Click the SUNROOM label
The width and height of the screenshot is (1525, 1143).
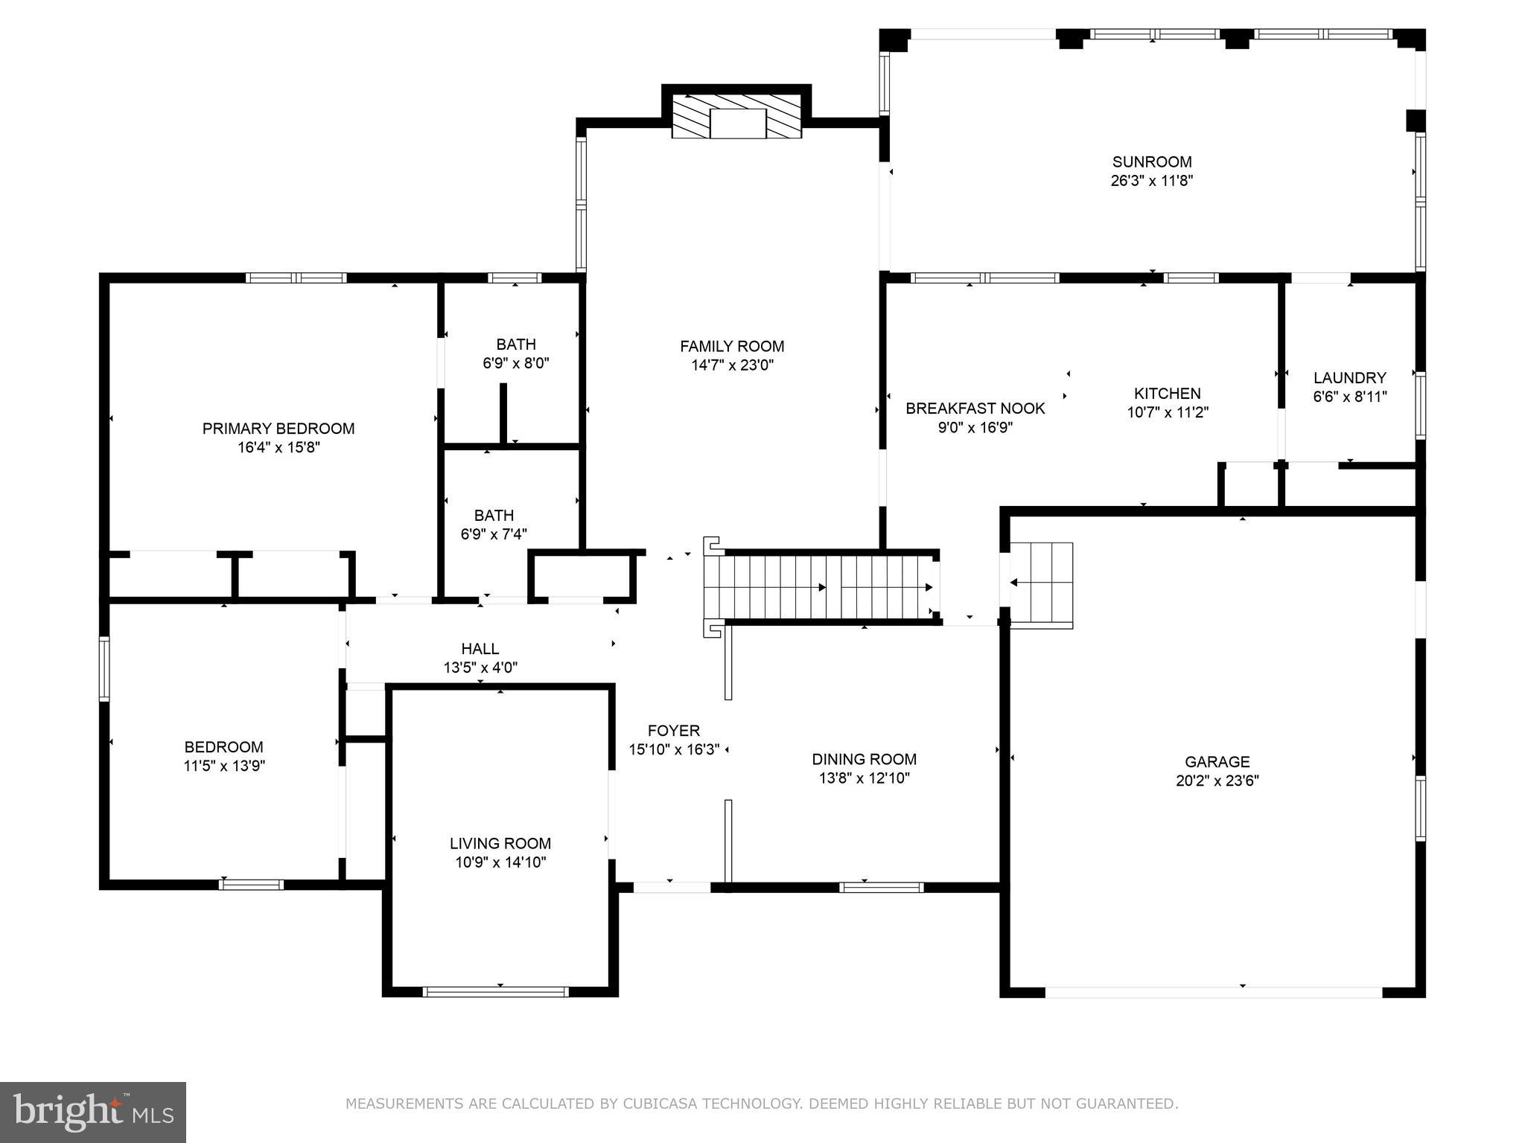1151,161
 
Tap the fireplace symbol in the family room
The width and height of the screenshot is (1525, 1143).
737,118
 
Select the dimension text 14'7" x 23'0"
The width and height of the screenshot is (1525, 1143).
732,365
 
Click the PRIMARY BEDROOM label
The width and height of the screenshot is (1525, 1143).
278,429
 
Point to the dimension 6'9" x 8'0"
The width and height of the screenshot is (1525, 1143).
516,363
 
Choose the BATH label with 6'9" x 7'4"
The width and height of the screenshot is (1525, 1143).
494,515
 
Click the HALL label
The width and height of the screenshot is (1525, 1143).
480,649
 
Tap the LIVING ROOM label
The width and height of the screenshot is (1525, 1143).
500,843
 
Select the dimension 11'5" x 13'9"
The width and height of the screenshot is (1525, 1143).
224,766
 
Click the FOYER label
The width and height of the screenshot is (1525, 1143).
673,731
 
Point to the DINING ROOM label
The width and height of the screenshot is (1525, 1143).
864,759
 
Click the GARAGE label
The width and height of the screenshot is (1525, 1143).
1217,761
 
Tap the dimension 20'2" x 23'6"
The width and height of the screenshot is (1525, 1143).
1217,781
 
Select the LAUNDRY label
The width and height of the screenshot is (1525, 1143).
1349,377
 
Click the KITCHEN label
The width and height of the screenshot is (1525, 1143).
1167,393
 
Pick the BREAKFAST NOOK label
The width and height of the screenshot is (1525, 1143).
975,409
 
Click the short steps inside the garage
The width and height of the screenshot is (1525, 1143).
1041,584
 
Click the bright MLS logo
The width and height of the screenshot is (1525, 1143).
92,1112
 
